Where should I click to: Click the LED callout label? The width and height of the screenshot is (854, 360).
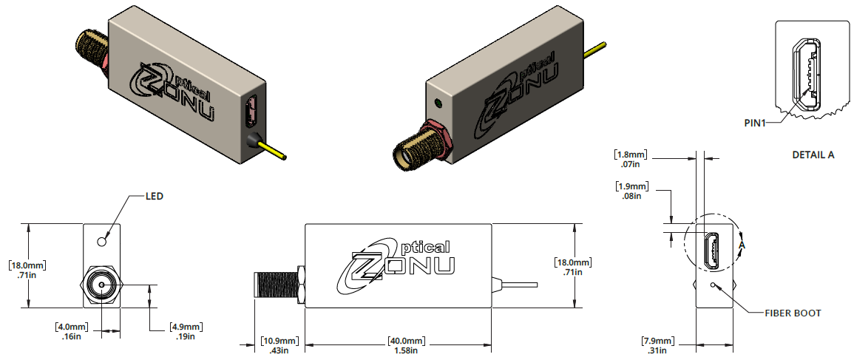tap(154, 197)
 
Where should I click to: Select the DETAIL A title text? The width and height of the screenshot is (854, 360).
tap(813, 155)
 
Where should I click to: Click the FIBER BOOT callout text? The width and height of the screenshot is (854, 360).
tap(793, 313)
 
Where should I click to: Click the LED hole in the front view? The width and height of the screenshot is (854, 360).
tap(102, 241)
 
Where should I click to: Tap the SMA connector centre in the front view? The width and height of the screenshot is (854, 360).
tap(101, 285)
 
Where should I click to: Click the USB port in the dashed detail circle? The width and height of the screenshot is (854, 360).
tap(712, 251)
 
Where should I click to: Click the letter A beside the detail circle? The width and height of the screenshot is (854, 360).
tap(742, 245)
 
